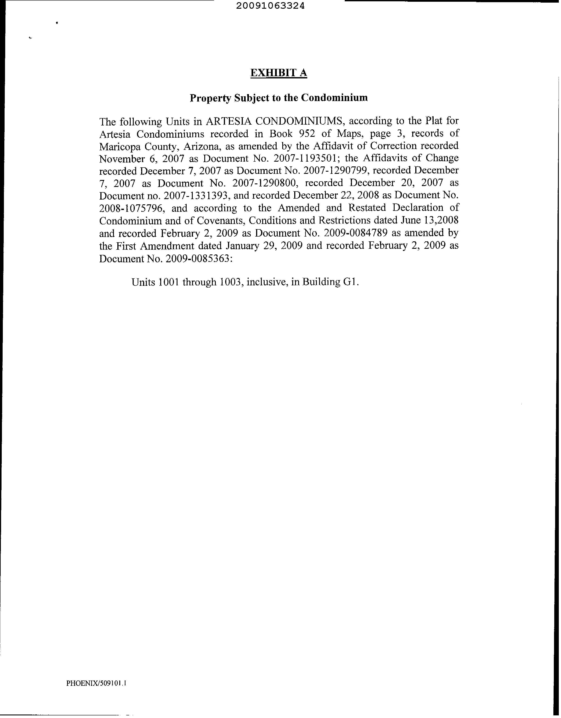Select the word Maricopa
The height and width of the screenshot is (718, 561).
[x=120, y=146]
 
